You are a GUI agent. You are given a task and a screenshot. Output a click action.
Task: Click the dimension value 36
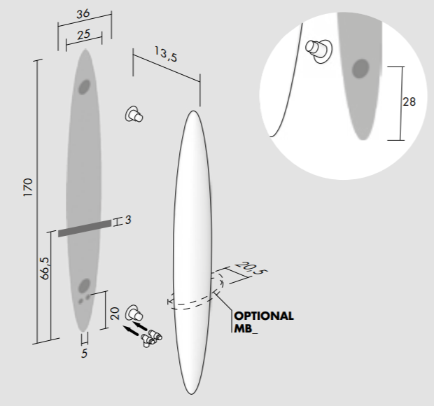(83, 14)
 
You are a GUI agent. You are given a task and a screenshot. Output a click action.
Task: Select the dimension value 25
(83, 34)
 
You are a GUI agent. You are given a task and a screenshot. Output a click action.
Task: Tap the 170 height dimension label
(28, 188)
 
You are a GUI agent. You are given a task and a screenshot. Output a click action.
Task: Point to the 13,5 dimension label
(165, 54)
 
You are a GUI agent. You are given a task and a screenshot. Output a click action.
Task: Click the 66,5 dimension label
(44, 268)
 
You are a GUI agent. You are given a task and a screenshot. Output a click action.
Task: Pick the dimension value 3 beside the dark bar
(128, 220)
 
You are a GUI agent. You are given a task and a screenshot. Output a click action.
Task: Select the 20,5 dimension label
(251, 268)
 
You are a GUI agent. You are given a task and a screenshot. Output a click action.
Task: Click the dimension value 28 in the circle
(409, 101)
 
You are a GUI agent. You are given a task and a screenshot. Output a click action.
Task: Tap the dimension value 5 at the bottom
(85, 353)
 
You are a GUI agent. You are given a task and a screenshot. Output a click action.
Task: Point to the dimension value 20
(115, 314)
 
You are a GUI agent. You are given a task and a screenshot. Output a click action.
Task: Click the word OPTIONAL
(264, 316)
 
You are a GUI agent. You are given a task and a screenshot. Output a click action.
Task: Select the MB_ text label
(246, 328)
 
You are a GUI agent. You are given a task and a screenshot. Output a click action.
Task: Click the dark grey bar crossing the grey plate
(85, 228)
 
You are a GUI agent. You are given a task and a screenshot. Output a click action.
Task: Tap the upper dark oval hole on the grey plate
(84, 87)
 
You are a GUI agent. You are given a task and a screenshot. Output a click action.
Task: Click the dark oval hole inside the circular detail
(360, 69)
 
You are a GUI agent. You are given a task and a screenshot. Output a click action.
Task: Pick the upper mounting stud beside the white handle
(134, 114)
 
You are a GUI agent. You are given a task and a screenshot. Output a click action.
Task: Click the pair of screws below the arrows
(151, 338)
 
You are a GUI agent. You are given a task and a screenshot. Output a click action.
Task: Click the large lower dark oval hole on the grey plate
(84, 286)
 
